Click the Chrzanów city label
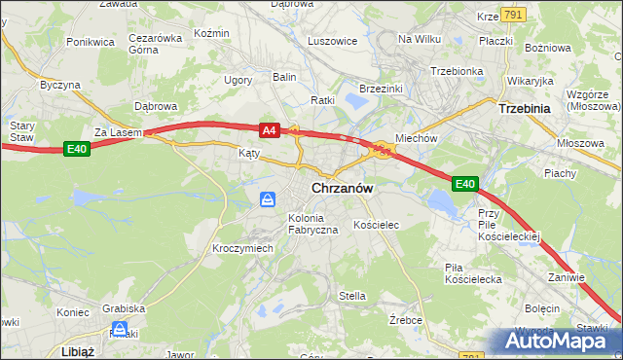343,188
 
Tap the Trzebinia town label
525,109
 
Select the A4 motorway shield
271,129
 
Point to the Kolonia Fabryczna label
312,223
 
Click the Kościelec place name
377,225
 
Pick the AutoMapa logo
555,342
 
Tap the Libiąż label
75,350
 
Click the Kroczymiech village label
242,248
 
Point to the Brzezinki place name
381,88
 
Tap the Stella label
351,296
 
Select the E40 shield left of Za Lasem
78,149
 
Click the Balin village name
284,76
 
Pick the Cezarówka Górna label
156,45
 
